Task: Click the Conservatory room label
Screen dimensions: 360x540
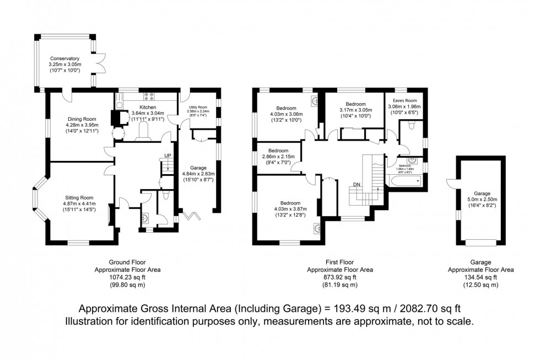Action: pos(64,58)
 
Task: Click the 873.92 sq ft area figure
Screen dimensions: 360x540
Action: pos(339,277)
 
